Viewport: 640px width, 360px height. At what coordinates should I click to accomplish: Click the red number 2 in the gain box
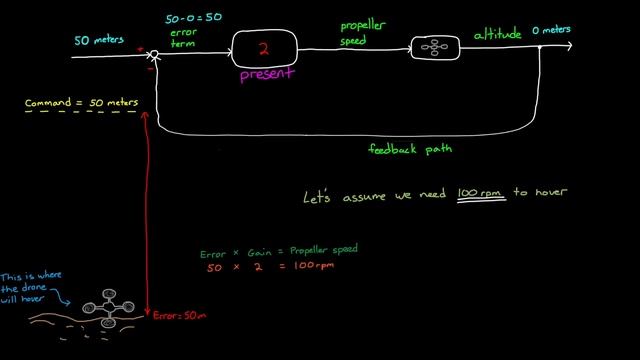click(x=265, y=48)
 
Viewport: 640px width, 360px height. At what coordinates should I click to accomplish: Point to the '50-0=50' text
click(x=193, y=18)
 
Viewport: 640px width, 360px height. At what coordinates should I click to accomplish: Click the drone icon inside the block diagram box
click(x=433, y=47)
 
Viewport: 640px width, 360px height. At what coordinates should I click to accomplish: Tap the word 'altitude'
click(x=497, y=35)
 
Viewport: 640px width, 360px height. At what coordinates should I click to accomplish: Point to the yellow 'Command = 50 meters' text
click(x=82, y=102)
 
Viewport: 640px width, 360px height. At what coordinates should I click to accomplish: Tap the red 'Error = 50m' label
click(x=180, y=316)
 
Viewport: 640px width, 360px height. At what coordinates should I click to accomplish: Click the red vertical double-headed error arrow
click(x=147, y=210)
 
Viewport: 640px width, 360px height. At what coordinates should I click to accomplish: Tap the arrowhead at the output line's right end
click(x=568, y=46)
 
